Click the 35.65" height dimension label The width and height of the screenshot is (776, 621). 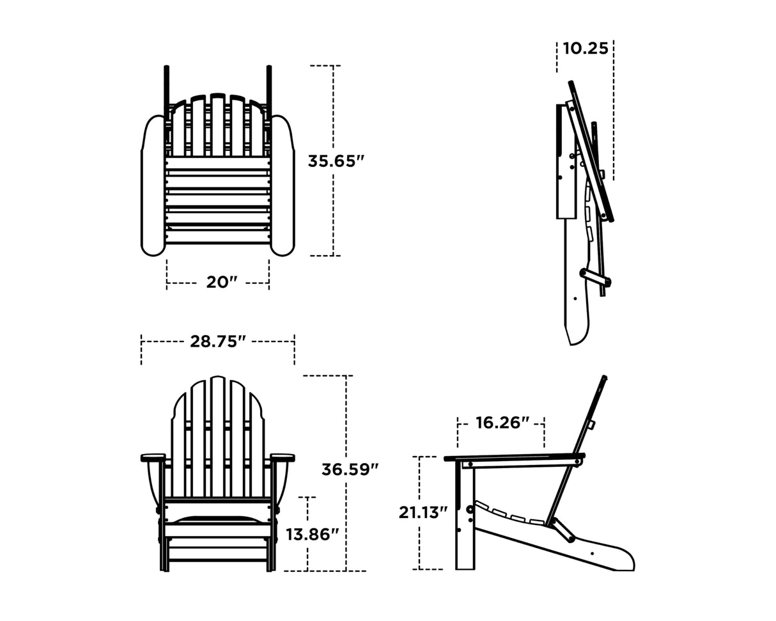coord(336,161)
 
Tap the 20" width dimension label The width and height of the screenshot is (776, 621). coord(221,282)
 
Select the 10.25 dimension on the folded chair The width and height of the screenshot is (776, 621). coord(585,49)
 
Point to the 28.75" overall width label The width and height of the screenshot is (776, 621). coord(217,342)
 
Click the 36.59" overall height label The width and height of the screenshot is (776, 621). coord(350,469)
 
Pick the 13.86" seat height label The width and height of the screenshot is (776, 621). coord(312,534)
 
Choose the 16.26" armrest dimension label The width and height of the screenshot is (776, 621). coord(502,423)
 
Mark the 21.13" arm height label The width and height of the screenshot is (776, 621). coord(423,512)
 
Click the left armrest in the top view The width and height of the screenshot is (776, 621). coord(153,185)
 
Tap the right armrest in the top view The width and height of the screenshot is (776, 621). coord(282,185)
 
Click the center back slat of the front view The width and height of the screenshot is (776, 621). coord(217,435)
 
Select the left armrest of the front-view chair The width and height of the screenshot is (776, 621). coord(153,457)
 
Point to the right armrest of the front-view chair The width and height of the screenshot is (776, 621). coord(283,457)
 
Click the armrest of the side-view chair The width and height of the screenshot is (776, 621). coord(511,457)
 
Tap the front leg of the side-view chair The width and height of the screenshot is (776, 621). coord(465,518)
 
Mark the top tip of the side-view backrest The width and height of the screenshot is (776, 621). coord(604,378)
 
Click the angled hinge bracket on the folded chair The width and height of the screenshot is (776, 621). coord(595,278)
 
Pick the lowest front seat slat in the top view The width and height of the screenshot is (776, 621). coord(217,237)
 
